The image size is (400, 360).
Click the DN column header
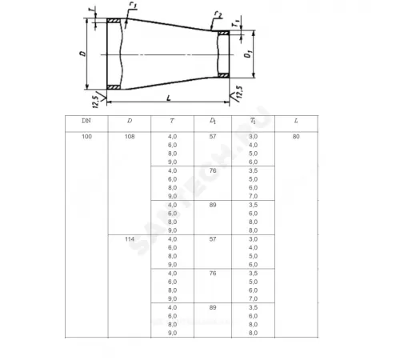tap(86, 121)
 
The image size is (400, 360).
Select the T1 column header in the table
tap(253, 121)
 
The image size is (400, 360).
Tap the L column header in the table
tap(296, 121)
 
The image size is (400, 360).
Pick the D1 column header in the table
tap(213, 121)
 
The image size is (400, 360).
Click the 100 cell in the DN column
tap(86, 137)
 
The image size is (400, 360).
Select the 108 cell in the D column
tap(130, 137)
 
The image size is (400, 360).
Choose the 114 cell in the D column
tap(130, 239)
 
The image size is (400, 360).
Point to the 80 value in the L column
tap(296, 137)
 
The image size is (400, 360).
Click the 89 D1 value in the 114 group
tap(213, 307)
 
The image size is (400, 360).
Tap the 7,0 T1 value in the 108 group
tap(253, 196)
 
